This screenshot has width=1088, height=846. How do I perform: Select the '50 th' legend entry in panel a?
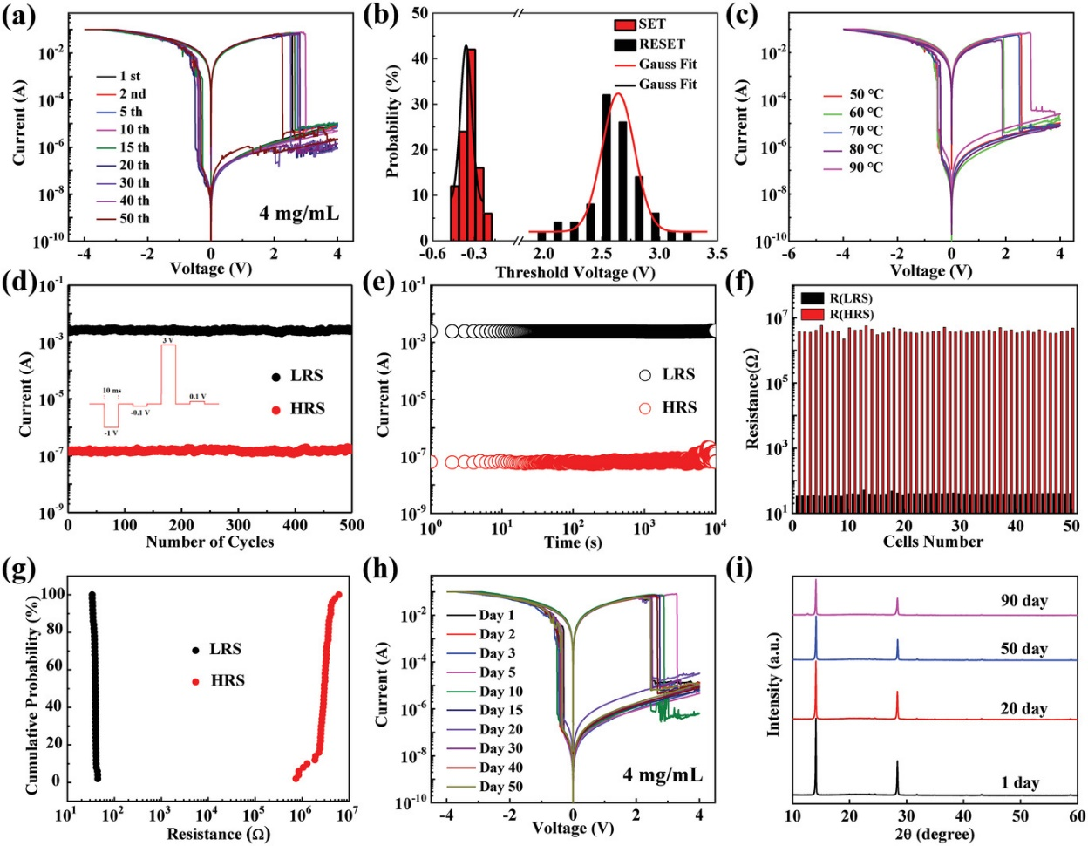coord(133,218)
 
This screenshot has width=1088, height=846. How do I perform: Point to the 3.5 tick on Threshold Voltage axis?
coord(717,254)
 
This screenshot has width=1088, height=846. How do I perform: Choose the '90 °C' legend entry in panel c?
coord(865,167)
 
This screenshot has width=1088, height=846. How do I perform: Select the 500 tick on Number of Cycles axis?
coord(351,525)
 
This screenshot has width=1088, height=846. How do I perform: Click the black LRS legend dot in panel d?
coord(276,376)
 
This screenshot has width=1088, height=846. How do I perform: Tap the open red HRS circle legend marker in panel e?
coord(645,407)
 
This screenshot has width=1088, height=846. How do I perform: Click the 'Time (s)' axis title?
coord(574,543)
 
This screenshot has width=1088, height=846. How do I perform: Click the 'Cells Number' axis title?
coord(932,542)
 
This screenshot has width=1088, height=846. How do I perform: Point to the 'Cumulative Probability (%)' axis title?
coord(32,694)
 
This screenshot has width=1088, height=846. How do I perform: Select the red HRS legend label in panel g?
coord(228,679)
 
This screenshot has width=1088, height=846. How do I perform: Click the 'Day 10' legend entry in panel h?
coord(500,692)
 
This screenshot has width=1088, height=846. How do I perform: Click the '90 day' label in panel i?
coord(1023,601)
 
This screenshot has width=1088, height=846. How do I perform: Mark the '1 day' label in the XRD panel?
coord(1020,782)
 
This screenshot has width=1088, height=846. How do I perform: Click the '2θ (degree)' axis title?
coord(933,835)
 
